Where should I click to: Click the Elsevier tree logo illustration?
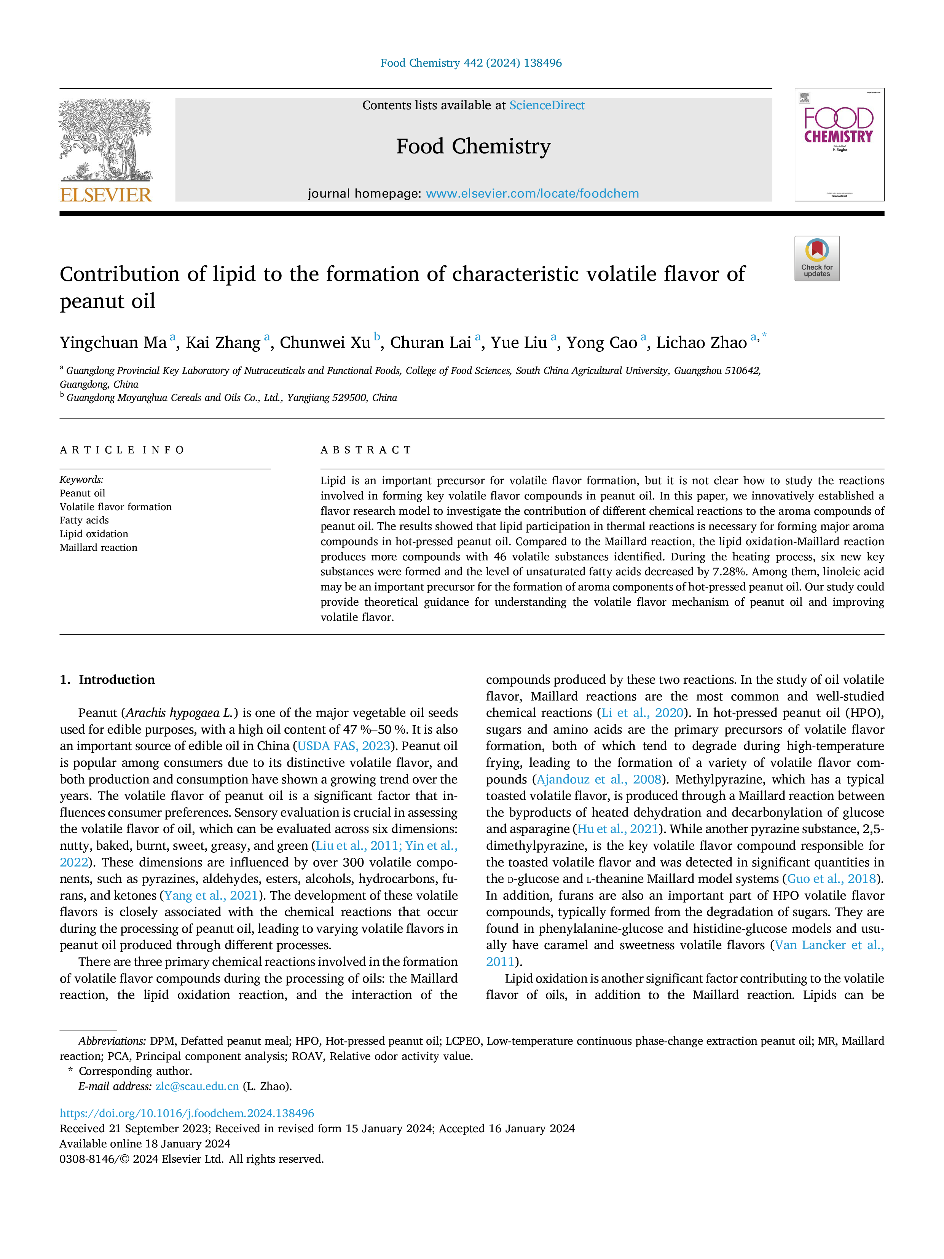(x=106, y=140)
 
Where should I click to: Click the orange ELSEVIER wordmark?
(x=106, y=195)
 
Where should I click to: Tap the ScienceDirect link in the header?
(x=547, y=105)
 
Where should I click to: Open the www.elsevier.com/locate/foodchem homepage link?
(x=532, y=193)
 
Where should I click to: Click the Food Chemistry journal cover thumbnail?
(x=839, y=145)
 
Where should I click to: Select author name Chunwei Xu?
(x=325, y=343)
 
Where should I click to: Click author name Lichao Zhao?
(x=701, y=343)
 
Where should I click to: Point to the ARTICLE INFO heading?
(x=122, y=450)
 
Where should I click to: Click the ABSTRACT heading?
(x=366, y=450)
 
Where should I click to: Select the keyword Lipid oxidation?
(x=94, y=534)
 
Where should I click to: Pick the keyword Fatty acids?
(x=84, y=520)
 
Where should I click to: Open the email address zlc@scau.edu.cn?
(x=197, y=1086)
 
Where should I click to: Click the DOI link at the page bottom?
(x=187, y=1113)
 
